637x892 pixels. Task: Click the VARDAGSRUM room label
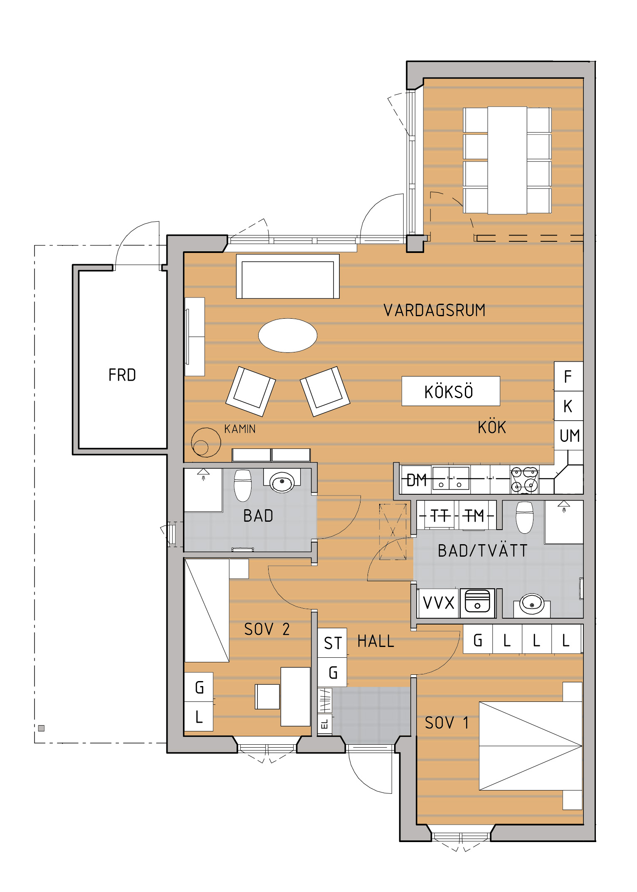tap(435, 310)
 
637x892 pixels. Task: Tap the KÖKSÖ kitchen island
tap(451, 391)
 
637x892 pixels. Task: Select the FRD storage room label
tap(122, 375)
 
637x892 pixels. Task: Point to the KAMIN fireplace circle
tap(206, 442)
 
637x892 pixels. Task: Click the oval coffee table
tap(288, 335)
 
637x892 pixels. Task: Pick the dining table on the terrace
tap(507, 161)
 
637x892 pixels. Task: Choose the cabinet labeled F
tap(568, 377)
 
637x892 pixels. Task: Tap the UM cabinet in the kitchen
tap(569, 436)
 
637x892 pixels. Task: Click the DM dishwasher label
tap(417, 480)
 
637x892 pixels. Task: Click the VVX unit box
tap(438, 603)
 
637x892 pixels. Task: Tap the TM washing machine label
tap(474, 516)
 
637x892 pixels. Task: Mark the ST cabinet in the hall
tap(332, 643)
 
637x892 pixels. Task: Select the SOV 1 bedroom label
tap(447, 723)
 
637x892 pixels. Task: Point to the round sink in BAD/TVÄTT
tap(532, 603)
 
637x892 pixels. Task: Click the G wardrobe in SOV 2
tap(199, 687)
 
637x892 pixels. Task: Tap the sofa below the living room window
tap(288, 276)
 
